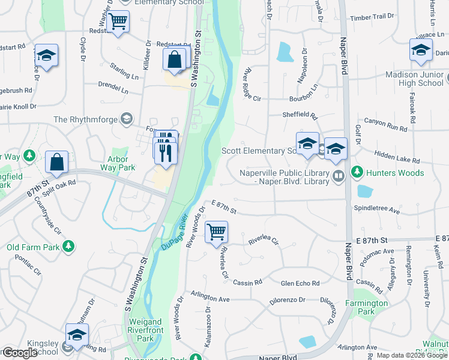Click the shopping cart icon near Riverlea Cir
(x=216, y=232)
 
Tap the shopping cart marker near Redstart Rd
(x=119, y=22)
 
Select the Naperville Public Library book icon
(x=339, y=175)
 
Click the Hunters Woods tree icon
(x=357, y=173)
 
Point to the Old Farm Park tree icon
(x=69, y=246)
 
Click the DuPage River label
(x=175, y=232)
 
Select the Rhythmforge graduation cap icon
(x=126, y=119)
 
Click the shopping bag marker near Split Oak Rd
(x=56, y=162)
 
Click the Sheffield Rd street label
(x=300, y=116)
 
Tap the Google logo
(x=19, y=353)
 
